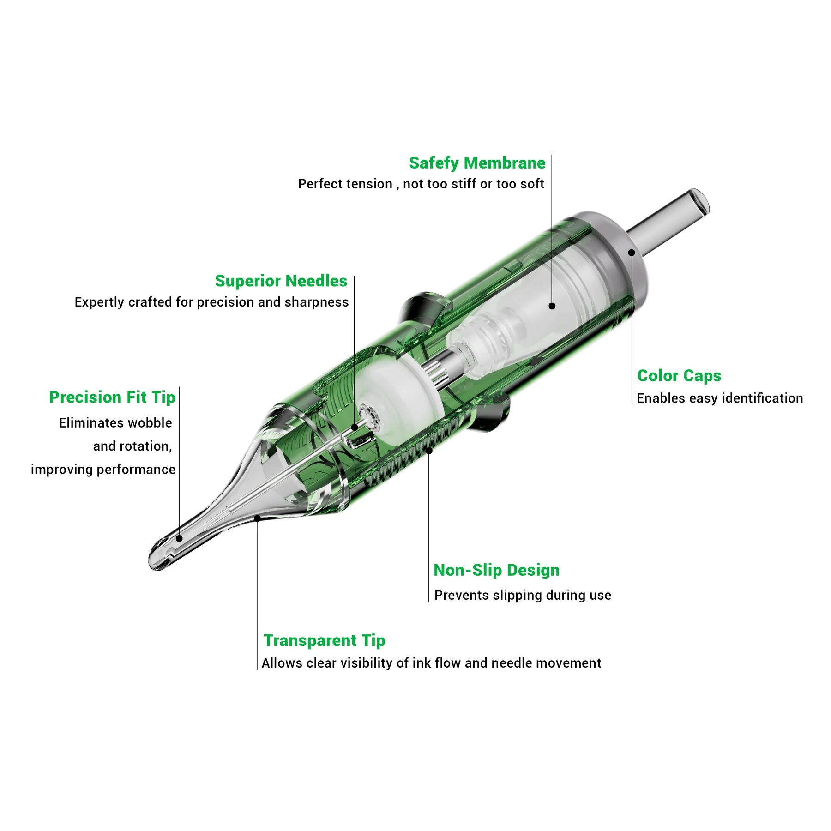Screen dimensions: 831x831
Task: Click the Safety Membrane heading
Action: [477, 163]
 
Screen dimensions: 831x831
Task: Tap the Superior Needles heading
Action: [281, 281]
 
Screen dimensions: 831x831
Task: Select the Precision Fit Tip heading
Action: [112, 397]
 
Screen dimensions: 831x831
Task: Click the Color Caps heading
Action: [679, 376]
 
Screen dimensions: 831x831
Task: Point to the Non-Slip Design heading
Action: [496, 570]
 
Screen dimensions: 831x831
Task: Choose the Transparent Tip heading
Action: [324, 640]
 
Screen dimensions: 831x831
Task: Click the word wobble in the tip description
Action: [150, 423]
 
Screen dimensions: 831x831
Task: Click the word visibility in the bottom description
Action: [364, 663]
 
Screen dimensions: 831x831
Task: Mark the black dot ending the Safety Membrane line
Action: [552, 306]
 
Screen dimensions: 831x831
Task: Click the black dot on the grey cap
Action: [632, 253]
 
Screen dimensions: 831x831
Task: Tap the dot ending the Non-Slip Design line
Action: [429, 450]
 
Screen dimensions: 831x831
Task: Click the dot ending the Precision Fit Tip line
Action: [179, 538]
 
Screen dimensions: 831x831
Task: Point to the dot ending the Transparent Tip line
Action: [258, 518]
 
